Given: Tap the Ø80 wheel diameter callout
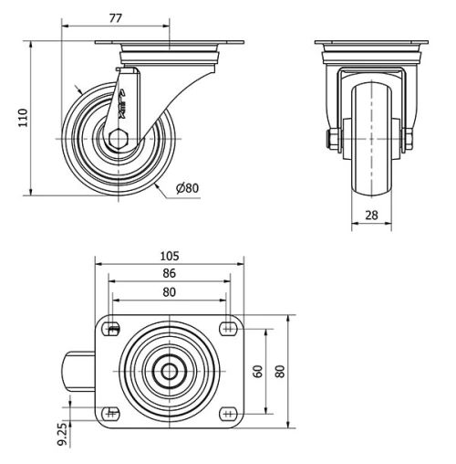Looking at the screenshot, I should pos(186,188).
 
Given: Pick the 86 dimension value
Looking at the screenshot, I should pos(169,273).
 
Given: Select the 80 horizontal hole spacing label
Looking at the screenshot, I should pos(169,292).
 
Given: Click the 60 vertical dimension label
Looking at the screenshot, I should pos(258,371).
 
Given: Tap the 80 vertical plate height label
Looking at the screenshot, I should pos(280,371).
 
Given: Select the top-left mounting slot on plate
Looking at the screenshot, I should pos(113,330).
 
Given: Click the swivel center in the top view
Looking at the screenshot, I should pos(169,371).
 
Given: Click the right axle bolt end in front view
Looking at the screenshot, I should pos(408,140).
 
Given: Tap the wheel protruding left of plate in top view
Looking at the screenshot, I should pos(77,371).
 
